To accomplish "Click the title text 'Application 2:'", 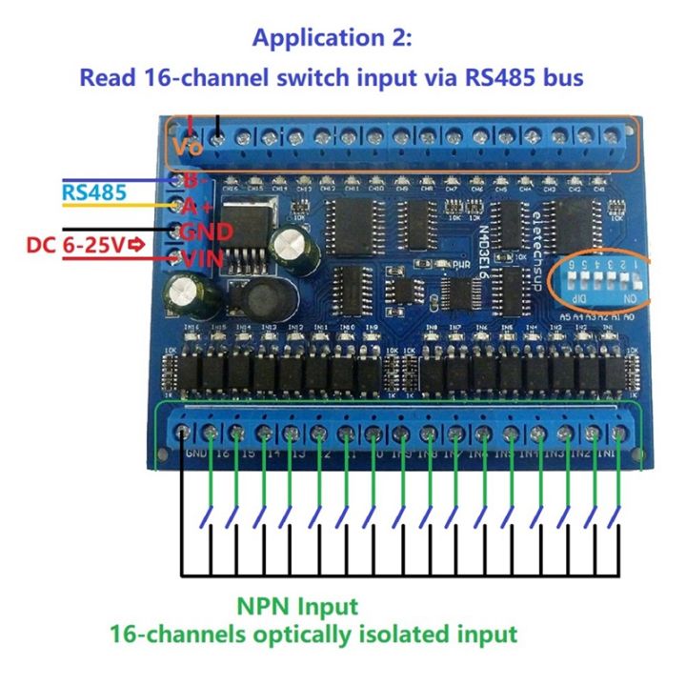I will coord(332,39).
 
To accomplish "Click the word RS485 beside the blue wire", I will coord(94,193).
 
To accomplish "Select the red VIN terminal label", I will coord(207,256).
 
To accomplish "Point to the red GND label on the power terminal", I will coord(207,232).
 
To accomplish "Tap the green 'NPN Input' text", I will coord(297,606).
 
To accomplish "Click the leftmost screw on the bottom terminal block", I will coord(182,434).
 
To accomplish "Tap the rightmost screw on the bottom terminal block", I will coord(620,434).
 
